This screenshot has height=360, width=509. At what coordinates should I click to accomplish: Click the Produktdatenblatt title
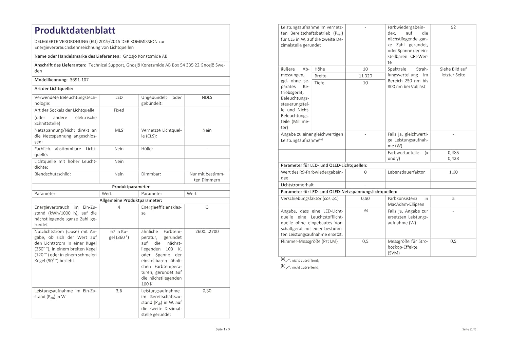pos(75,31)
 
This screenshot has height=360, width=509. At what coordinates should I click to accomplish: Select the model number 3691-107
pos(79,80)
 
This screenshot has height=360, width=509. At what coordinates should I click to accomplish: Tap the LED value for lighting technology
pos(119,97)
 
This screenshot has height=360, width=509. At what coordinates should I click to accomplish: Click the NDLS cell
pos(207,97)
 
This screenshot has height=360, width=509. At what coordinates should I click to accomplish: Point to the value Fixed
pos(119,110)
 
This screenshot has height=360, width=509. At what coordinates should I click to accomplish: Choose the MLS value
pos(119,130)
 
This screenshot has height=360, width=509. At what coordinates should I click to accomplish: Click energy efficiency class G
pos(207,207)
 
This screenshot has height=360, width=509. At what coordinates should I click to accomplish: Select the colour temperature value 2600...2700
pos(207,232)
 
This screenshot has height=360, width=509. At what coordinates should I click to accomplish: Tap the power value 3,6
pos(119,291)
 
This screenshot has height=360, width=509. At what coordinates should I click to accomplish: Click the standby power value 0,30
pos(207,291)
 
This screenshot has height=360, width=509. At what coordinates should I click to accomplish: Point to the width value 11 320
pos(365,76)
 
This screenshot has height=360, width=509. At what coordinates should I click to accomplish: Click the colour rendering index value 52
pos(453,27)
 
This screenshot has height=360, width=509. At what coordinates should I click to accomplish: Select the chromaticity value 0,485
pos(453,153)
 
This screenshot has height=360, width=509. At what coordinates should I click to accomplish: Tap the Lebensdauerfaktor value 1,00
pos(453,172)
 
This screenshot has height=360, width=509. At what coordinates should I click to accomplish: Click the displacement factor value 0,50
pos(365,198)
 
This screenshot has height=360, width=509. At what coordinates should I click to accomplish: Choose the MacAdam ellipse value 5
pos(453,198)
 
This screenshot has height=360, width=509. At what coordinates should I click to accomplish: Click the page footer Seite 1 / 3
pos(223,329)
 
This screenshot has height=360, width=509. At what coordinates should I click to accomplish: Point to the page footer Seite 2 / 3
pos(469,329)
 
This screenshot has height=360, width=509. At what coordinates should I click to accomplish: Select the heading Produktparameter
pos(131,187)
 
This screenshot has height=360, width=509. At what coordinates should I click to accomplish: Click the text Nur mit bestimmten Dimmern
pos(207,177)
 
